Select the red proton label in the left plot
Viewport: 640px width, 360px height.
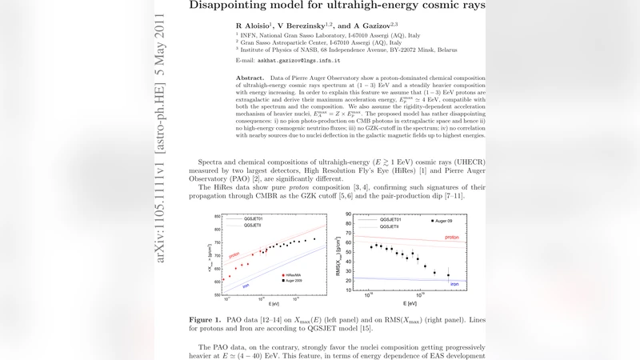click(234, 256)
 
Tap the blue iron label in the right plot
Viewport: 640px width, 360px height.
click(453, 283)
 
